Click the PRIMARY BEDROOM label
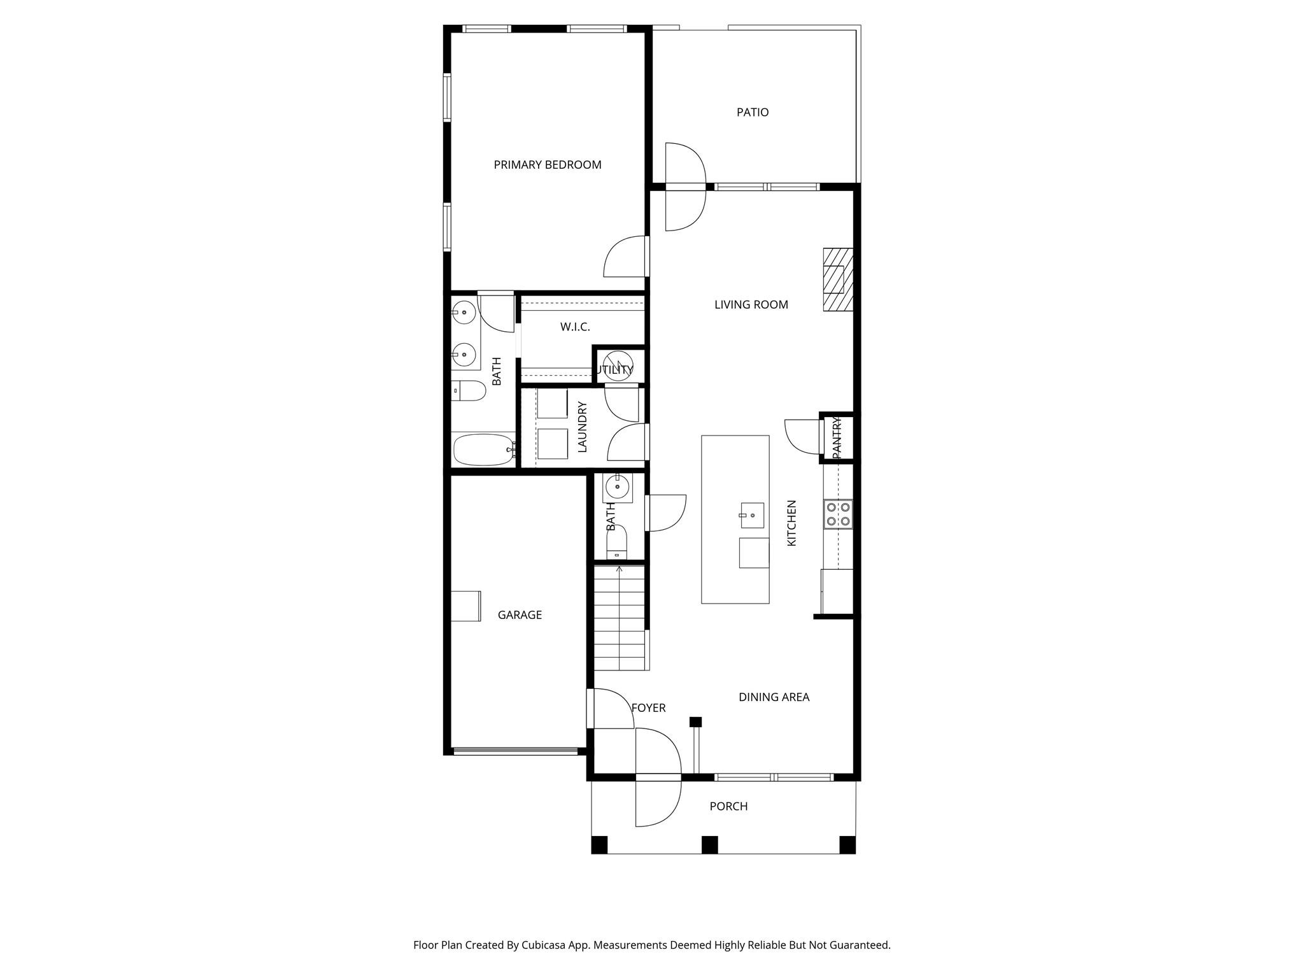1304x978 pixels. pyautogui.click(x=548, y=165)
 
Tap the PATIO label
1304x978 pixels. pyautogui.click(x=753, y=113)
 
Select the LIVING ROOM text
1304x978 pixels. pyautogui.click(x=751, y=305)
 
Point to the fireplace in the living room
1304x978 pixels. pyautogui.click(x=838, y=279)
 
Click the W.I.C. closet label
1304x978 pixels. pyautogui.click(x=575, y=327)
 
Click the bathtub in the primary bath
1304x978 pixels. pyautogui.click(x=484, y=450)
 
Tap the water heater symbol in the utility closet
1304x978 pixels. pyautogui.click(x=618, y=365)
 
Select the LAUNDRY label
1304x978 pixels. pyautogui.click(x=582, y=427)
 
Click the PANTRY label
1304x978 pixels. pyautogui.click(x=837, y=437)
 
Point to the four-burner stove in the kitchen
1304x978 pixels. pyautogui.click(x=838, y=514)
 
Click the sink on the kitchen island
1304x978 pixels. pyautogui.click(x=751, y=515)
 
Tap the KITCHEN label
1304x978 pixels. pyautogui.click(x=792, y=523)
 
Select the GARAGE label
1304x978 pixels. pyautogui.click(x=520, y=615)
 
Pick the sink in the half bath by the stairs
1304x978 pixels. pyautogui.click(x=618, y=488)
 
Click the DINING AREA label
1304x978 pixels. pyautogui.click(x=774, y=697)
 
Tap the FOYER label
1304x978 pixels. pyautogui.click(x=648, y=708)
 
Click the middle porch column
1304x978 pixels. pyautogui.click(x=710, y=845)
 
